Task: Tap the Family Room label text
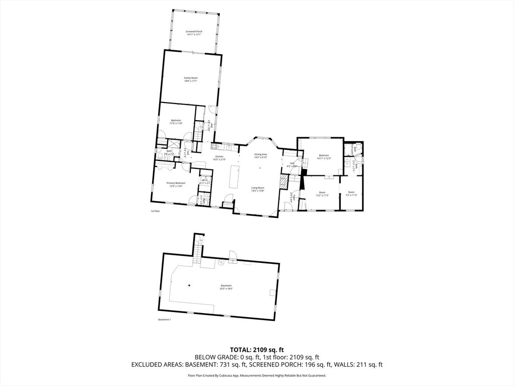(191, 79)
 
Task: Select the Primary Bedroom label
(177, 184)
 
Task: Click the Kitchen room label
(219, 158)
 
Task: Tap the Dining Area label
(261, 156)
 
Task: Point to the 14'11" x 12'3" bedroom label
(323, 157)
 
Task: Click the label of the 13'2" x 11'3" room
(322, 194)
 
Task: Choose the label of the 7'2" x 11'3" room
(351, 194)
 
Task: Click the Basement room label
(226, 287)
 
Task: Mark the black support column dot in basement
(189, 285)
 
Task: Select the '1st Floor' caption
(155, 211)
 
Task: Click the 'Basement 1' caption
(165, 320)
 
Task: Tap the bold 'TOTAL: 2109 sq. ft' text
(257, 349)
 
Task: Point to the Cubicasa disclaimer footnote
(257, 375)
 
